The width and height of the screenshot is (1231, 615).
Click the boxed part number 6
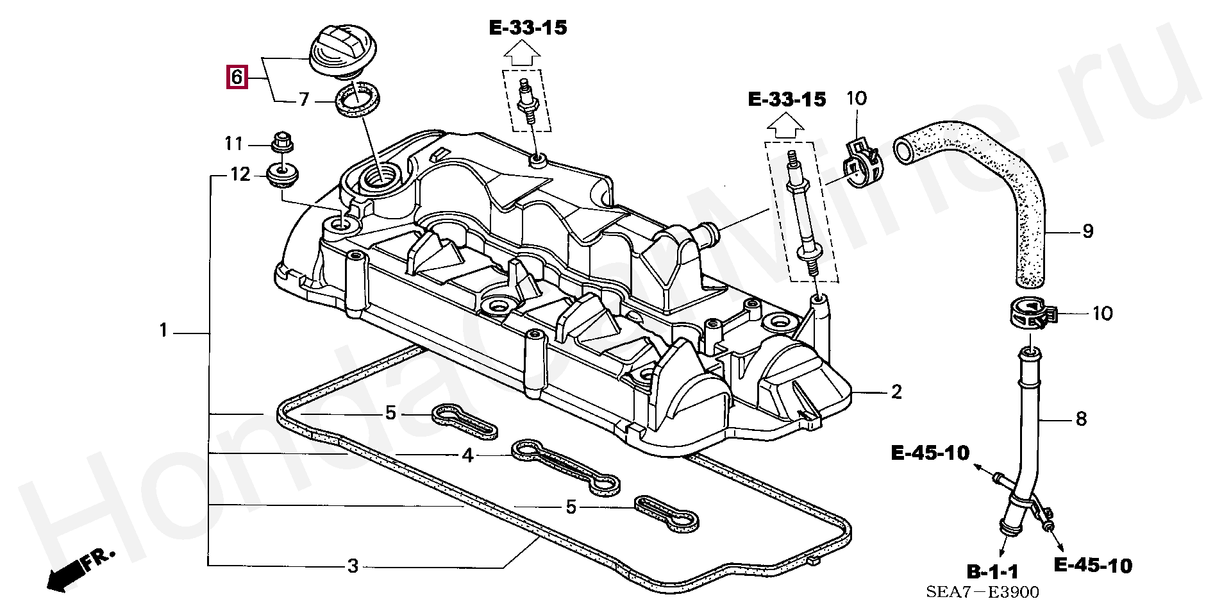237,77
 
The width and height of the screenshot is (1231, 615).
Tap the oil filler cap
343,49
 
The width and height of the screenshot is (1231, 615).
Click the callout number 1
163,330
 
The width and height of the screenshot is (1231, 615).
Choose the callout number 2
896,391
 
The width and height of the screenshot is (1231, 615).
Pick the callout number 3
353,566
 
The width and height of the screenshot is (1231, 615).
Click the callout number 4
468,455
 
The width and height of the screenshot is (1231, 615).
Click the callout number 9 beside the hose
1087,231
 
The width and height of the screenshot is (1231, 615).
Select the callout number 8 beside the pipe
1081,419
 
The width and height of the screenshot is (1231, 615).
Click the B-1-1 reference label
992,571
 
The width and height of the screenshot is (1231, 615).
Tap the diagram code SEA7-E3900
982,592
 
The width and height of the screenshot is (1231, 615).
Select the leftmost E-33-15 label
528,28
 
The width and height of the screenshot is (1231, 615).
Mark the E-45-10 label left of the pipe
930,453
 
